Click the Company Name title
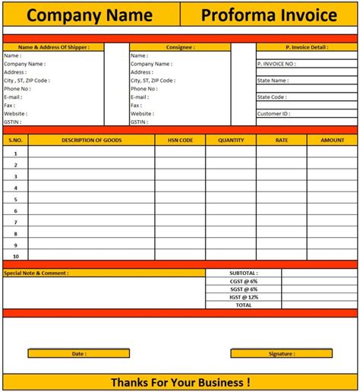pos(90,14)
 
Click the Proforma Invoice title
pos(269,14)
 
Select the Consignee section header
pos(179,47)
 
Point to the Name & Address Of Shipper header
pos(53,47)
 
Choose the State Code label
pos(272,97)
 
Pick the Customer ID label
pos(273,114)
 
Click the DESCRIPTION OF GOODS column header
pos(91,140)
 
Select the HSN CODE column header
pos(180,140)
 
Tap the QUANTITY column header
pos(231,140)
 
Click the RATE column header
pos(281,140)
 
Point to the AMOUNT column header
pos(332,140)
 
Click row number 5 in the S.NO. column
pos(15,199)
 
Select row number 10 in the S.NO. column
pos(15,256)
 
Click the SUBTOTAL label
pos(243,273)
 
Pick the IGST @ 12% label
pos(243,297)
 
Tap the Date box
pos(78,353)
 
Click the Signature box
pos(281,353)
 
